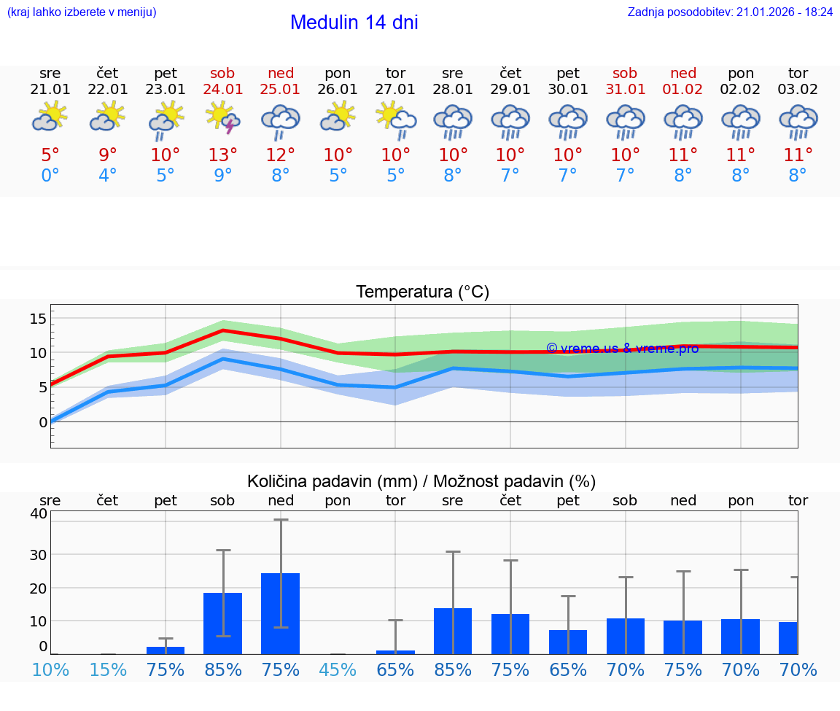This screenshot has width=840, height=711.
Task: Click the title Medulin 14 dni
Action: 354,23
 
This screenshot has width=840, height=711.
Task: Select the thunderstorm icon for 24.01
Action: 223,117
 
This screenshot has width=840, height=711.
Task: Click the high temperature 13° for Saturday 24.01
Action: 223,155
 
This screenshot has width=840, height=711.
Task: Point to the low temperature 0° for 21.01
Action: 50,175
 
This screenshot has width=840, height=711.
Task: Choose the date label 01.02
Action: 683,89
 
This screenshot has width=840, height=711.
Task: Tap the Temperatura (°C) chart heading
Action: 422,292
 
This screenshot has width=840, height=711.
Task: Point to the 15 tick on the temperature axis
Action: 38,318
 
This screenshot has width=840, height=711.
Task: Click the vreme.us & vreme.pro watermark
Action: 622,349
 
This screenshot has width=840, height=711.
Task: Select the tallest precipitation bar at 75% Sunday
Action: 281,613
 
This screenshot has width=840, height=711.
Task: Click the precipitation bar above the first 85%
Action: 223,623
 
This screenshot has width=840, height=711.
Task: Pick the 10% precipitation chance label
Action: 50,669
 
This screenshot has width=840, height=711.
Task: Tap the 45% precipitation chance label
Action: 338,669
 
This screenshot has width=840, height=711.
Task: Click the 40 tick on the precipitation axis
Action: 39,513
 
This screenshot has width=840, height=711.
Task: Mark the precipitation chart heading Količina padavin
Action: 421,481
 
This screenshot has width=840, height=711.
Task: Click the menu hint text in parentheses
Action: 82,12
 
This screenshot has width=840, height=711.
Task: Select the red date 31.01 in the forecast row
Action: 626,89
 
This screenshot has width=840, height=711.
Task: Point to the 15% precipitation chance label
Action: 108,669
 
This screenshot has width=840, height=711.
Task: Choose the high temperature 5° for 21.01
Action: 50,155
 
